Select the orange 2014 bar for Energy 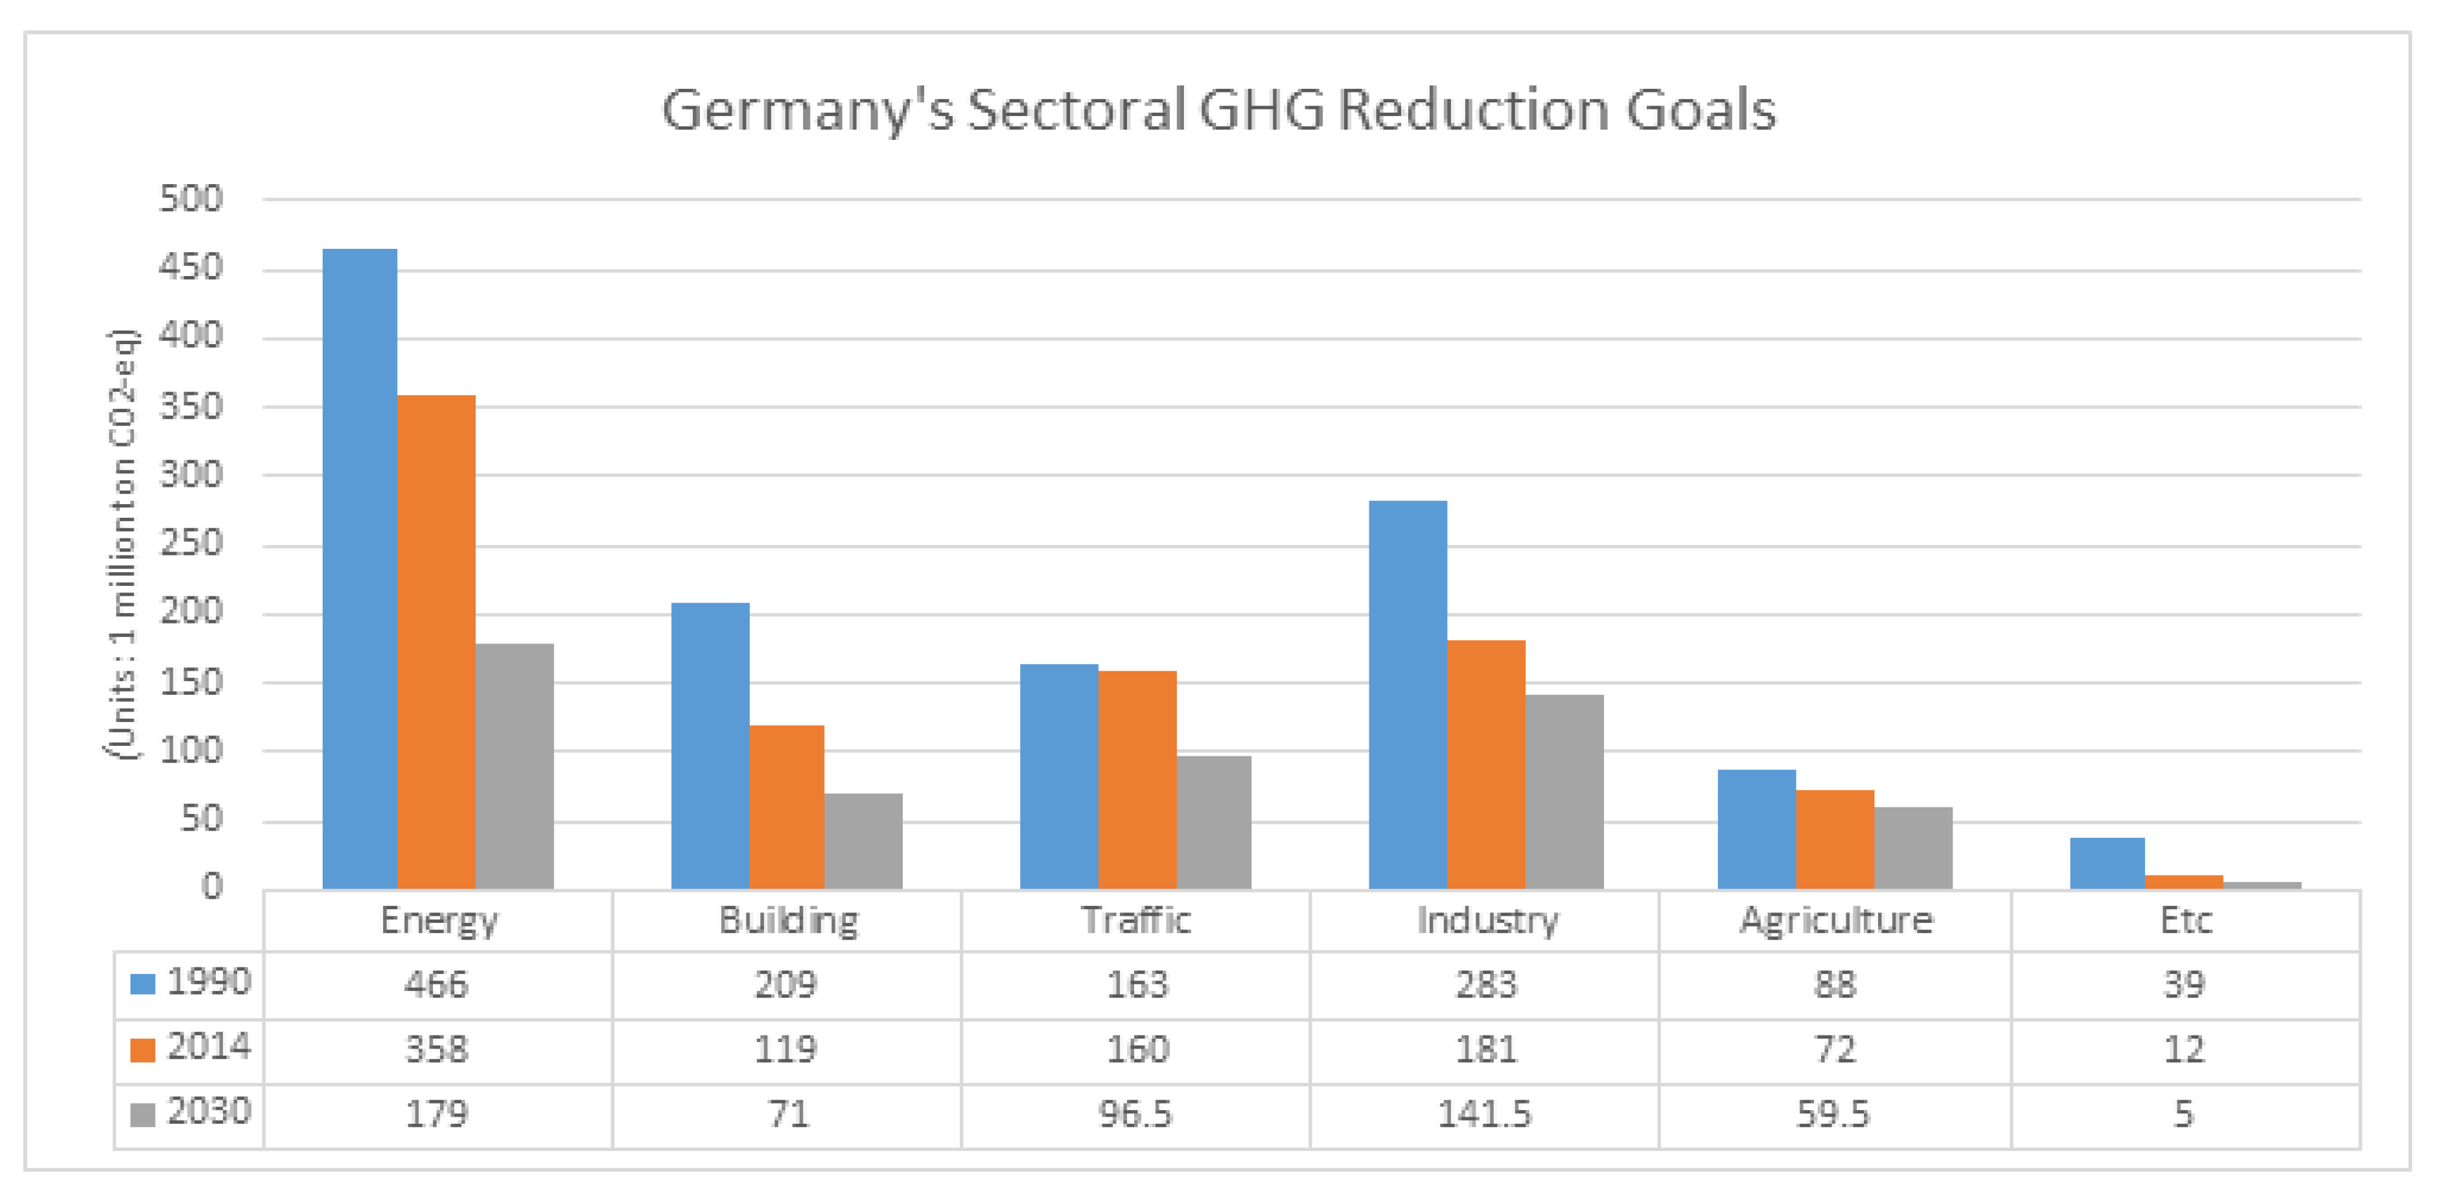click(436, 642)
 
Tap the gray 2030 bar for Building click(863, 841)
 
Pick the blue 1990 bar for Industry click(1407, 695)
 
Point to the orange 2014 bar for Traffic click(1137, 780)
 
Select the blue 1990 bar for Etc click(2107, 863)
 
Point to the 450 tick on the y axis click(191, 268)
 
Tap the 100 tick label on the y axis click(191, 750)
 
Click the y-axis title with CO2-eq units click(122, 544)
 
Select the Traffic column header click(1135, 920)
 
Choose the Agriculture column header click(1835, 920)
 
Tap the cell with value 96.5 click(1135, 1114)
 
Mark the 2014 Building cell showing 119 click(786, 1049)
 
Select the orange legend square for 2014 click(143, 1050)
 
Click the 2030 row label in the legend click(209, 1111)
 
